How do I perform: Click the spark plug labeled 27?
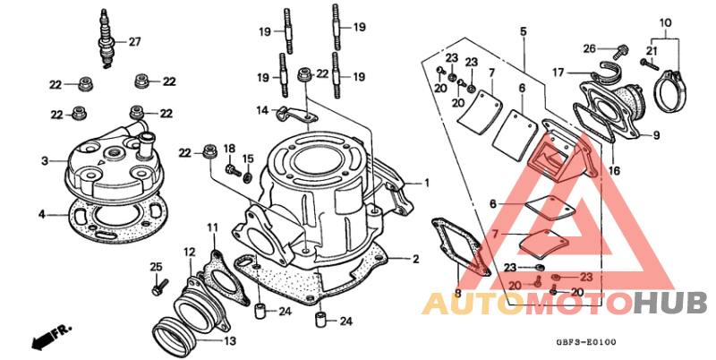pyautogui.click(x=108, y=39)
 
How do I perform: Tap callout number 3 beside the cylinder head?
pyautogui.click(x=44, y=161)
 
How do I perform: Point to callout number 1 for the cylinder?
pyautogui.click(x=427, y=183)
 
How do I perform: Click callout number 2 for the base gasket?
pyautogui.click(x=415, y=260)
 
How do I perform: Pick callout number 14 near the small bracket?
pyautogui.click(x=262, y=110)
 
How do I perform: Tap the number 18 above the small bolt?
pyautogui.click(x=229, y=148)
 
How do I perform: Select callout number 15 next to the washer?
pyautogui.click(x=249, y=159)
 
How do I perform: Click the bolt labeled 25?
pyautogui.click(x=157, y=287)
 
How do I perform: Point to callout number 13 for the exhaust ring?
pyautogui.click(x=230, y=340)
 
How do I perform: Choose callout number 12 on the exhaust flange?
pyautogui.click(x=189, y=252)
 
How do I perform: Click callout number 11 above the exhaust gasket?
pyautogui.click(x=212, y=227)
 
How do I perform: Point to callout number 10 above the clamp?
pyautogui.click(x=665, y=21)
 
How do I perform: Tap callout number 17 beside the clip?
pyautogui.click(x=557, y=72)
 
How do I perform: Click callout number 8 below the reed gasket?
pyautogui.click(x=457, y=293)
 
